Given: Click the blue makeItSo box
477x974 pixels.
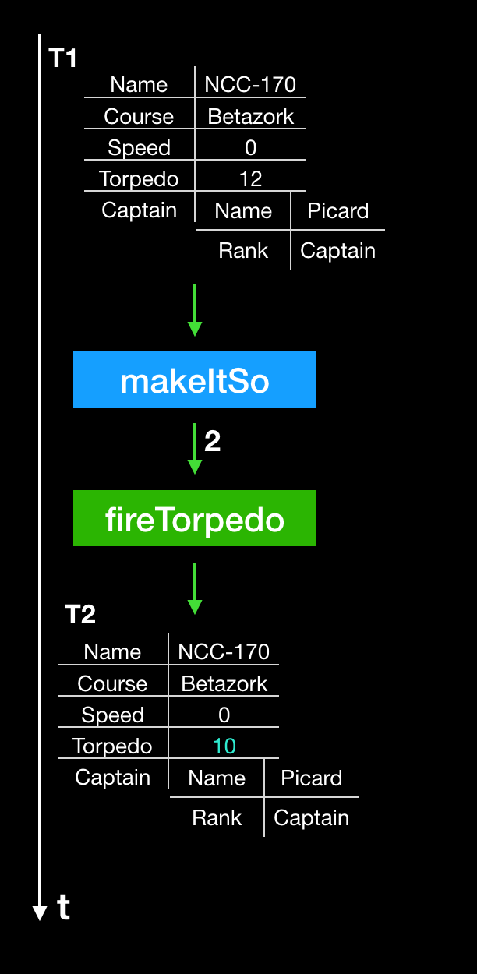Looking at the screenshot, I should coord(195,380).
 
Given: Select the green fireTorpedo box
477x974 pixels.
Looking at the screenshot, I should coord(195,518).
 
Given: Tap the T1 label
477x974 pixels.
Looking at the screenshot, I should coord(63,58).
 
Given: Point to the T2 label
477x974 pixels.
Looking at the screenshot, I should coord(79,615).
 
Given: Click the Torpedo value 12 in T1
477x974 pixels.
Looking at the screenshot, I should coord(250,179).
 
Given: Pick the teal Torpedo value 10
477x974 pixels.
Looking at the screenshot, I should coord(224,746).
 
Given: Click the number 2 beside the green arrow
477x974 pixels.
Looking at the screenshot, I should coord(212,442).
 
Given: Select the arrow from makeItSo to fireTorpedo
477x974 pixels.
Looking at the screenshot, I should coord(195,449).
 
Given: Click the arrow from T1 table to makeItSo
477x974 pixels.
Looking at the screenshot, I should coord(195,310).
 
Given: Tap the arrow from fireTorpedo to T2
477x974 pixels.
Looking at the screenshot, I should coord(195,588).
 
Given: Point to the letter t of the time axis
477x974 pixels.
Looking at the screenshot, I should coord(64,908).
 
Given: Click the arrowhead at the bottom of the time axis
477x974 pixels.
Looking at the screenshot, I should coord(40,913).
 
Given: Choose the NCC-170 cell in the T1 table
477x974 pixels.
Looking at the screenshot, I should coord(250,85).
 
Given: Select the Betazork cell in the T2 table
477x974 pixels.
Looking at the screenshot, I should coord(224,684).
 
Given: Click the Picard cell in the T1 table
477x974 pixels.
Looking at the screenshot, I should coord(337,211).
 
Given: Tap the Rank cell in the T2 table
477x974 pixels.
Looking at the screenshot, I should coord(217,818).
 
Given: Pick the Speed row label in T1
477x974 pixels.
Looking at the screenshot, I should coord(139,148).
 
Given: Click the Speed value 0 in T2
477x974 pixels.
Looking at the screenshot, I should coord(224,715).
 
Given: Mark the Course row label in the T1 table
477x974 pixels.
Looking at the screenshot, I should coord(139,117).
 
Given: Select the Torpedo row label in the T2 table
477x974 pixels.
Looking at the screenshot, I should coord(112,746).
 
